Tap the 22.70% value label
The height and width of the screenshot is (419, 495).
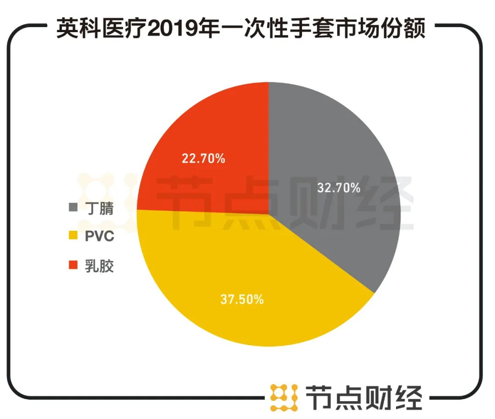click(203, 159)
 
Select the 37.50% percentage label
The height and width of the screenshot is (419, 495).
click(242, 300)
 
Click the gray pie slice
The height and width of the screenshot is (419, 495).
click(339, 147)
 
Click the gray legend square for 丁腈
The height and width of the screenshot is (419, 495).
click(72, 208)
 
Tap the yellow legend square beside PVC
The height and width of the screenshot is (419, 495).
click(72, 237)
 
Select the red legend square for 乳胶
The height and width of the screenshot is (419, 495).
click(72, 265)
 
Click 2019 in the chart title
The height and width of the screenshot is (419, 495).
click(171, 30)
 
